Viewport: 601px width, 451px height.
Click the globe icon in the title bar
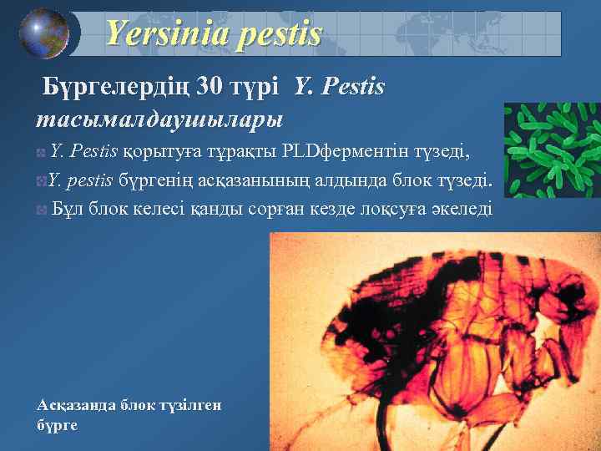click(x=43, y=33)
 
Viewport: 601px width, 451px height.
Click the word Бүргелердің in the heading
click(x=114, y=87)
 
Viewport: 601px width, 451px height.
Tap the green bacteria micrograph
click(x=552, y=150)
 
